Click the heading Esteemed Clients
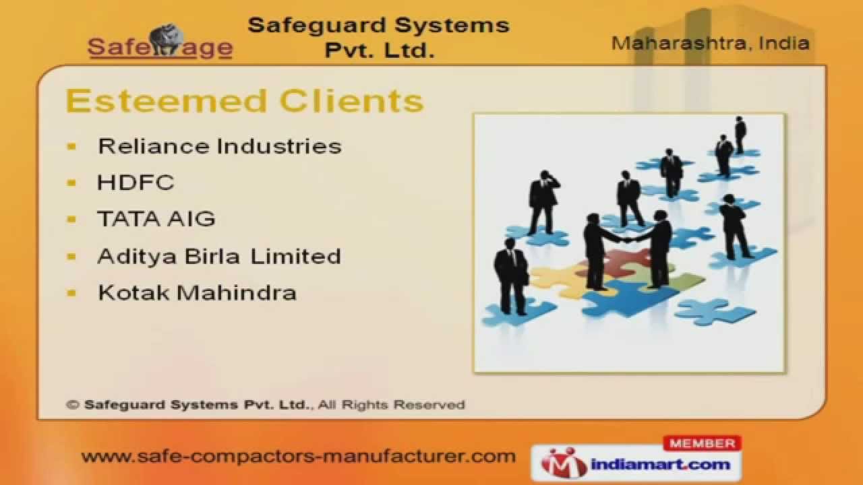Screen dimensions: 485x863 tap(244, 101)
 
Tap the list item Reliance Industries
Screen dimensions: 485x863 tap(219, 146)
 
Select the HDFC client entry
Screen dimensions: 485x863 tap(136, 183)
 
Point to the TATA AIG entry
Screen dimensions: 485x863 tap(156, 219)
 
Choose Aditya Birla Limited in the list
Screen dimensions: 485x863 tap(219, 256)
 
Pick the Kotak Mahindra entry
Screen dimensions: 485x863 tap(197, 292)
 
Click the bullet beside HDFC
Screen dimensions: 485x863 tap(72, 183)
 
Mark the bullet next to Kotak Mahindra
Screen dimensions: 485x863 tap(72, 292)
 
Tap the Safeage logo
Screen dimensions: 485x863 tap(160, 44)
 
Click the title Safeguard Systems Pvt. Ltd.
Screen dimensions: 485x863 tap(378, 37)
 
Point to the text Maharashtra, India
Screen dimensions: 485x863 tap(710, 44)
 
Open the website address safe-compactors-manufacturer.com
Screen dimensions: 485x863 tap(298, 456)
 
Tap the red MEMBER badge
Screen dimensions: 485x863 tap(703, 443)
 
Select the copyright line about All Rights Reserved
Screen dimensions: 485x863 tap(266, 405)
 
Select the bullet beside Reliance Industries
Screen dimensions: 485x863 tap(72, 146)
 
